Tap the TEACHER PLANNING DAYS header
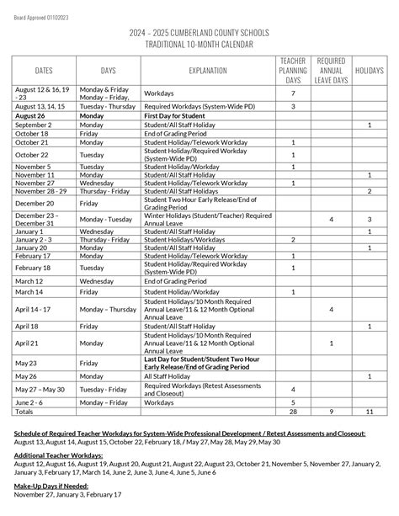tap(292, 71)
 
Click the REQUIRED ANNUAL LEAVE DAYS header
tap(331, 71)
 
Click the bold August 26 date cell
tap(29, 115)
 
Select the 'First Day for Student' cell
tap(174, 115)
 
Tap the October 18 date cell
tap(30, 133)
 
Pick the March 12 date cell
tap(29, 280)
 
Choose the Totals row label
tap(24, 412)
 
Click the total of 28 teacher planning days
tap(292, 412)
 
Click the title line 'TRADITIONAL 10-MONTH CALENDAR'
tap(199, 42)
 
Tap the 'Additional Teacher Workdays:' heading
tap(56, 455)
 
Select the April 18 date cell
tap(27, 326)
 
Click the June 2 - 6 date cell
tap(29, 402)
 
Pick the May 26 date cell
tap(26, 375)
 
